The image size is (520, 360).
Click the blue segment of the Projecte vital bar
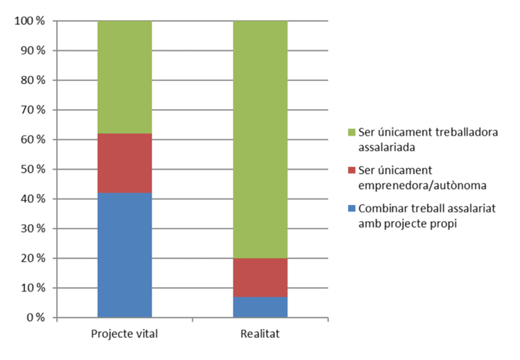click(x=125, y=255)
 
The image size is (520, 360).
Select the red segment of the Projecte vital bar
click(x=125, y=163)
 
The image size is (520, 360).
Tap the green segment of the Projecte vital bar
click(x=125, y=77)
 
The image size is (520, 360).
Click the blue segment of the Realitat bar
click(x=260, y=307)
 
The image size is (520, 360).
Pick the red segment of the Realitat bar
click(x=260, y=277)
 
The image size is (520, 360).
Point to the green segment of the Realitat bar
click(x=260, y=139)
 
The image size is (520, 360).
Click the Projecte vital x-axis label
click(x=125, y=333)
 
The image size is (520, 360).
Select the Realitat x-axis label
click(x=260, y=333)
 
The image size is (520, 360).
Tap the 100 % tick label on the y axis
click(x=30, y=21)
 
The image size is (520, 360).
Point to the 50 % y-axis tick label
click(x=32, y=170)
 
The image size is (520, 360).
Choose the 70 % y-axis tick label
click(x=32, y=110)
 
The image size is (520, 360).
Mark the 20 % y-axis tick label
click(x=32, y=258)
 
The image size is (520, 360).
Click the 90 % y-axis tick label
click(x=32, y=51)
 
